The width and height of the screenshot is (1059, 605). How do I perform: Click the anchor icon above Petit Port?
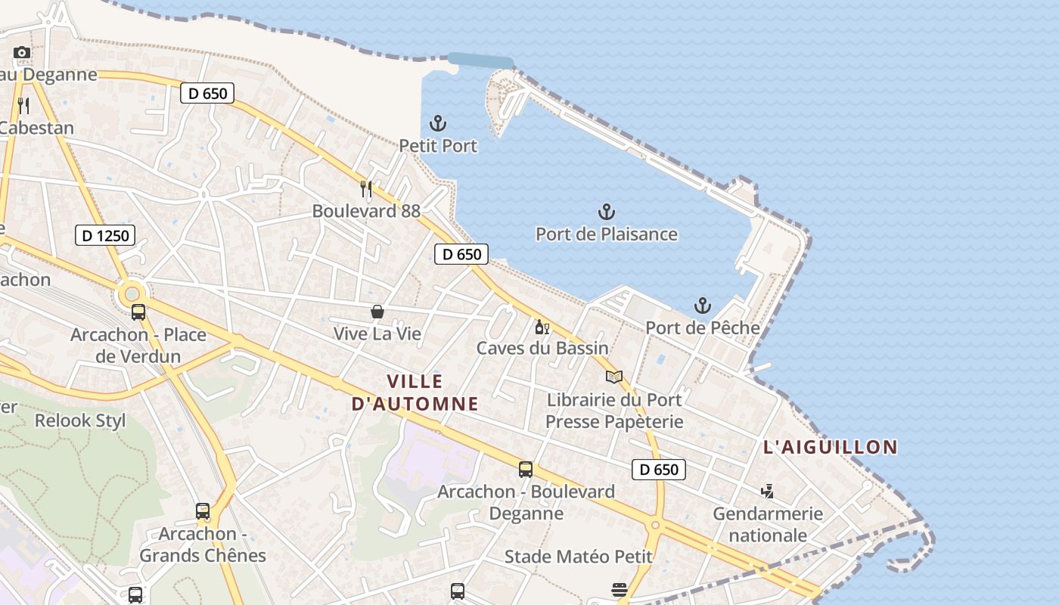pos(438,123)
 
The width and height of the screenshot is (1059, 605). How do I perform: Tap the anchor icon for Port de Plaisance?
pos(606,212)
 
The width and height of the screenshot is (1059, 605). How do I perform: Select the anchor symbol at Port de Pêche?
pos(703,306)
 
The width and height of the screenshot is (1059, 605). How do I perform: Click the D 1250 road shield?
pos(106,235)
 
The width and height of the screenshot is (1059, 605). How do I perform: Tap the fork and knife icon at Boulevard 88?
pos(366,189)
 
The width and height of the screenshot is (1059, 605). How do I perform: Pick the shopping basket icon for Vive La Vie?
pos(377,312)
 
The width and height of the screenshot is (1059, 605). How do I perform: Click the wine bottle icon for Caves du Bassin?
pos(542,327)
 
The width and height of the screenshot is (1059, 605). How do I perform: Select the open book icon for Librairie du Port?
pos(614,377)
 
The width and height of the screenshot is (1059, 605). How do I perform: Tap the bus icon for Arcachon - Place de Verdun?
pos(138,312)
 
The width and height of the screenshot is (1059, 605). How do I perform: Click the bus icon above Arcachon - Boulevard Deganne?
pos(526,470)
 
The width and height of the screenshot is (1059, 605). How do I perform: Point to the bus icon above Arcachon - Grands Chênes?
pos(203,511)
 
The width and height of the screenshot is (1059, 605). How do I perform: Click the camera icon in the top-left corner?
pos(22,52)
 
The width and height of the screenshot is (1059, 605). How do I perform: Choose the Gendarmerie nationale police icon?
pos(767,492)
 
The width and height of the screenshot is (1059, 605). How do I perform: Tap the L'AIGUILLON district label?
pos(830,447)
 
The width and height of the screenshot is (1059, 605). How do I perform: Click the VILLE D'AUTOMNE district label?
pos(415,392)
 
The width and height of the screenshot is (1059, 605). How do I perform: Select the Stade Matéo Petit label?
pos(578,557)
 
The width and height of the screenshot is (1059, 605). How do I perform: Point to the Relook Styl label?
pos(80,420)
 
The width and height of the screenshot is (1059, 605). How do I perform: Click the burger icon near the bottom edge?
pos(620,590)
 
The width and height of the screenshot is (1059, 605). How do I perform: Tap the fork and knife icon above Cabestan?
pos(23,105)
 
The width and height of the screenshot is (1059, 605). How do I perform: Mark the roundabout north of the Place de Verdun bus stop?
pos(132,292)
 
